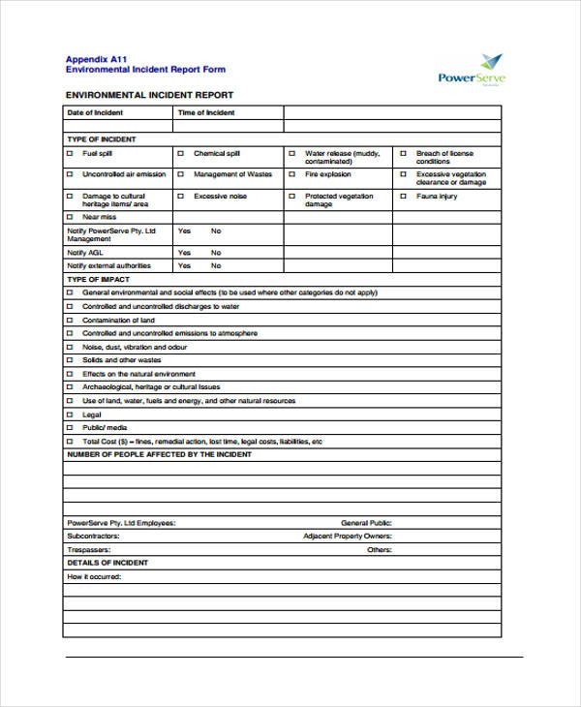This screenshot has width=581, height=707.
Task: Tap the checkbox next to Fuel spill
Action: (70, 154)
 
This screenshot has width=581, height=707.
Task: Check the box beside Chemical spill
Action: (181, 154)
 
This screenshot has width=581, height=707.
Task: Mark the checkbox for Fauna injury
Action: (403, 197)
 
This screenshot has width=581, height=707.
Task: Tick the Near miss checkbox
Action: (70, 218)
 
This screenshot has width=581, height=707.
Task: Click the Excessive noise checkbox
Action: (181, 197)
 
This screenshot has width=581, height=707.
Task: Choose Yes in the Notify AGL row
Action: (184, 252)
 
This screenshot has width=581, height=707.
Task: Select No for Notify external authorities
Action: (216, 265)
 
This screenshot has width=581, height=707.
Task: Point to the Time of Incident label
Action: (206, 113)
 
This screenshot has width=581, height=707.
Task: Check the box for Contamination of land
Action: (70, 320)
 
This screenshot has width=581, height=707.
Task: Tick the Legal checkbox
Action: (70, 414)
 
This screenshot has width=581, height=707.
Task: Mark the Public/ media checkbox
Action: (70, 427)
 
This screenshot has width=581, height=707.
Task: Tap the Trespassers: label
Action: (88, 549)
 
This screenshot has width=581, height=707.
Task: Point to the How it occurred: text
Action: (94, 576)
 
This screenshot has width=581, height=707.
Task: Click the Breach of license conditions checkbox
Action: (403, 154)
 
